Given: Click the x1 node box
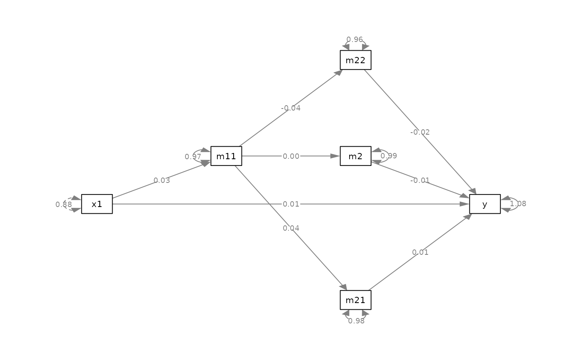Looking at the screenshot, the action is [x=97, y=204].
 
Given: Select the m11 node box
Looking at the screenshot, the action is [x=226, y=156].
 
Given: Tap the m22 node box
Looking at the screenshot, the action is [x=356, y=60].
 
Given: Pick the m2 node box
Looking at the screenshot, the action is [x=356, y=156].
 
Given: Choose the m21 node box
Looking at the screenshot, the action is [x=356, y=300].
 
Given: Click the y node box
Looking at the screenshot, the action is [x=485, y=204].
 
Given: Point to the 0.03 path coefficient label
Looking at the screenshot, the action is [x=162, y=180].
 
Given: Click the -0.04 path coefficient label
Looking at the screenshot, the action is [x=291, y=108].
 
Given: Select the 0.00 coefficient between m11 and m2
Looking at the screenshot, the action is [x=291, y=156].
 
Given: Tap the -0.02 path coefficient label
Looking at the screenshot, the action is [x=420, y=132].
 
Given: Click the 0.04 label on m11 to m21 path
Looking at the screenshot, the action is [x=291, y=228].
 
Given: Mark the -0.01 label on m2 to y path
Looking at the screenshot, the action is [x=420, y=180].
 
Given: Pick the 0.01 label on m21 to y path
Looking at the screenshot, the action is [x=420, y=252].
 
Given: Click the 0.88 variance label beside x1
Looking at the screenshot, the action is [x=64, y=205].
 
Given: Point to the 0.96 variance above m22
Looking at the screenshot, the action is [x=355, y=39].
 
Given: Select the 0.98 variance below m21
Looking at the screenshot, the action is [x=356, y=321].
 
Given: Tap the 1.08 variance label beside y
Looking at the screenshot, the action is [x=518, y=204].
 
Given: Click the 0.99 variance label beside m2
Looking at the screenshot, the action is [x=389, y=156].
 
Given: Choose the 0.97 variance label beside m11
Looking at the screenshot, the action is [x=193, y=157].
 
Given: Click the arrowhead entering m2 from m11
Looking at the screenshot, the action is [x=335, y=156].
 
